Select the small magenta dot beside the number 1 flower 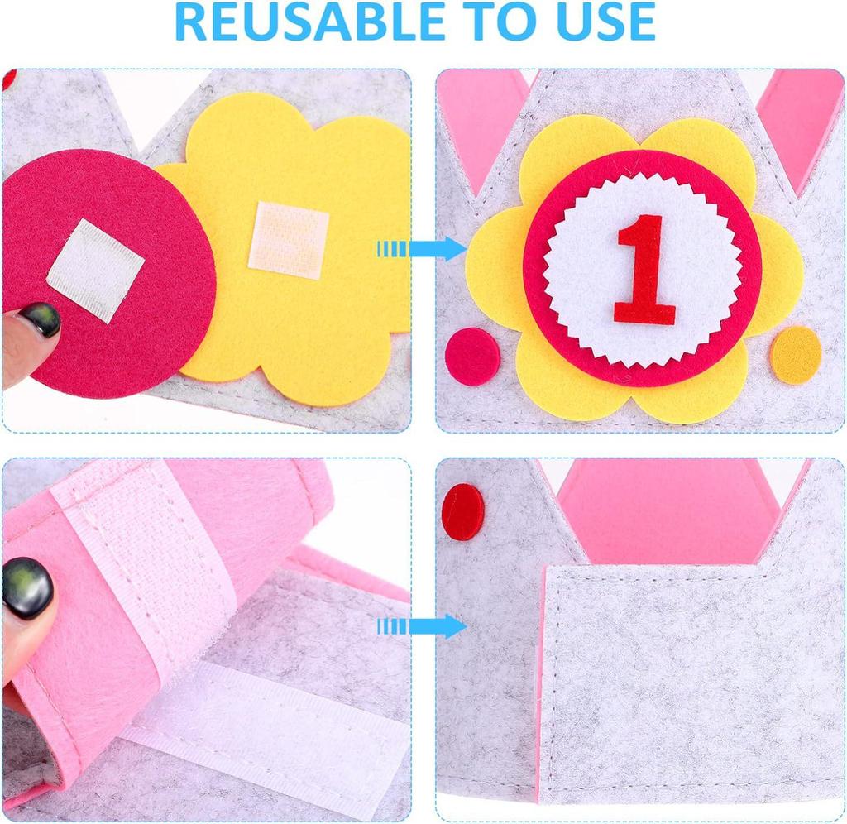coord(472,357)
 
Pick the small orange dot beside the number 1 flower coord(795,355)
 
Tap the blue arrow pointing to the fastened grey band coord(423,626)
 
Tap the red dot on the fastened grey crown coord(462,512)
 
